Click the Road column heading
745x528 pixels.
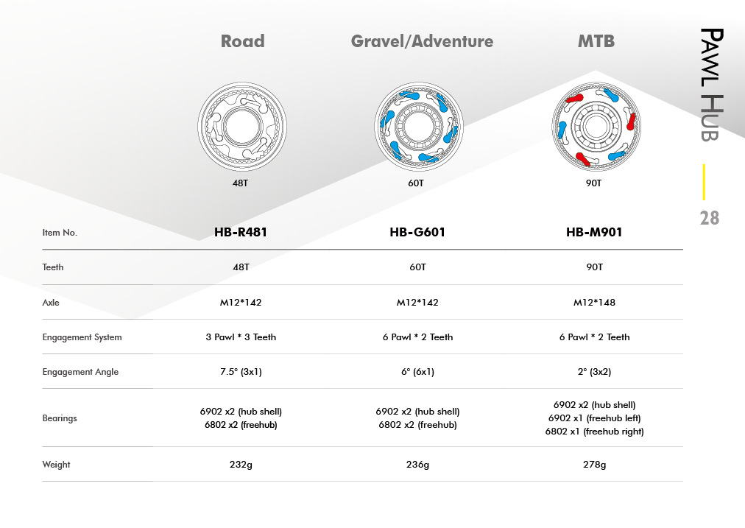click(242, 41)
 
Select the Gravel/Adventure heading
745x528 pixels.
click(422, 41)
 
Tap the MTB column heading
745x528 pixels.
click(596, 41)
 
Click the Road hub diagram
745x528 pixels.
click(242, 127)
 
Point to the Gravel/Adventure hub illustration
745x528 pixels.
click(419, 127)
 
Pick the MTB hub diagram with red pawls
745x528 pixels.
click(596, 127)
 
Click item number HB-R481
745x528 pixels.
click(241, 233)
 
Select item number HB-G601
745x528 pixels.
click(417, 233)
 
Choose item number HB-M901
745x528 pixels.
click(594, 233)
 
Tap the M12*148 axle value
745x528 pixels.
click(594, 302)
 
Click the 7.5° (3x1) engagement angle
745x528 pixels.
click(241, 372)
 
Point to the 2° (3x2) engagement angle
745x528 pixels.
click(594, 372)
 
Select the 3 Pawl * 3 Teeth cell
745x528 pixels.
click(241, 337)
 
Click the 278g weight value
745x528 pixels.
click(594, 465)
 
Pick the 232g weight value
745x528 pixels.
click(241, 465)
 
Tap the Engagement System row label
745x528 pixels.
click(82, 337)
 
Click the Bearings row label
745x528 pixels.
click(60, 418)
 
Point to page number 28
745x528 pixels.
click(710, 218)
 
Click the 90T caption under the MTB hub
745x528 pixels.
click(593, 183)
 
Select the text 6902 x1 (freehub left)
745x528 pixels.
click(594, 418)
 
